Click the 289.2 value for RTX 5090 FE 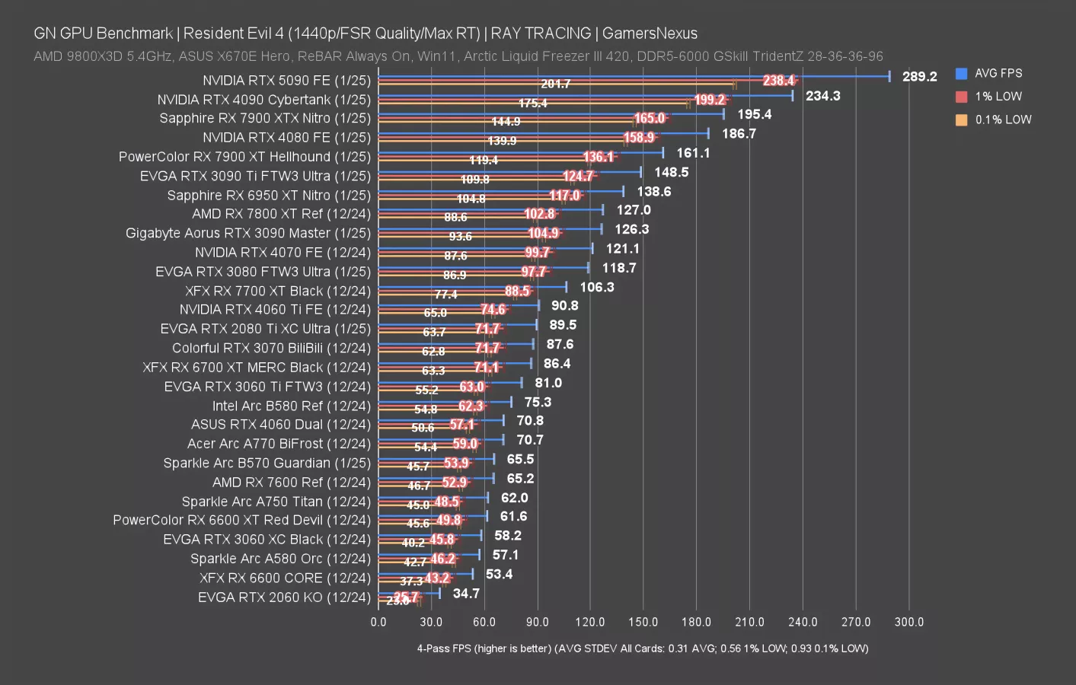(919, 77)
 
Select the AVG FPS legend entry (998, 74)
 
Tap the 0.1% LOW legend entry (1002, 120)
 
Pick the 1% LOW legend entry (998, 97)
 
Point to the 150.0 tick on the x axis (643, 623)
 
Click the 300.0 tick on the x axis (908, 623)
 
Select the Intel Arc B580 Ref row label (291, 406)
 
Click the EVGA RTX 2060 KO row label (284, 597)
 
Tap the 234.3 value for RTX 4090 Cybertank (822, 96)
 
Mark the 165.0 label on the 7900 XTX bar (650, 119)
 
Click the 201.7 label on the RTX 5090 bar (555, 84)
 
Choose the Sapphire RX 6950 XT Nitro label (269, 196)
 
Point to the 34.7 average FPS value (466, 594)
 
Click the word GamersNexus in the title (650, 33)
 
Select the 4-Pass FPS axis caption (642, 648)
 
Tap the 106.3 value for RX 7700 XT (596, 288)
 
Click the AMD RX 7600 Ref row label (291, 483)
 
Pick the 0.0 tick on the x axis (378, 623)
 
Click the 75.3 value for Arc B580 (538, 403)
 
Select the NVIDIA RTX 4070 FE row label (283, 253)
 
